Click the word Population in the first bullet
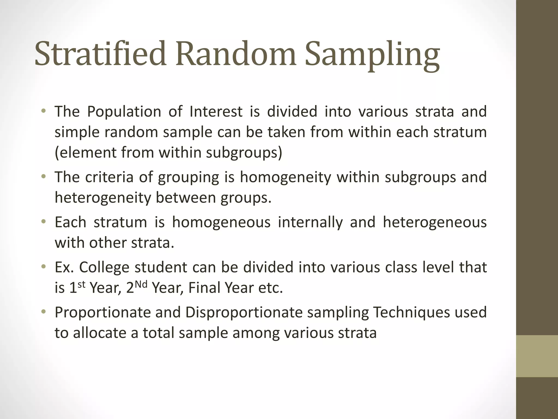pyautogui.click(x=124, y=112)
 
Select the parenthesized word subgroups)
pyautogui.click(x=244, y=153)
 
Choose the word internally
pyautogui.click(x=310, y=223)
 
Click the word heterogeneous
pyautogui.click(x=435, y=223)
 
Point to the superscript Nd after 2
pyautogui.click(x=141, y=284)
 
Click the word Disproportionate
pyautogui.click(x=244, y=313)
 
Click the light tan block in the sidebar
pyautogui.click(x=537, y=356)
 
